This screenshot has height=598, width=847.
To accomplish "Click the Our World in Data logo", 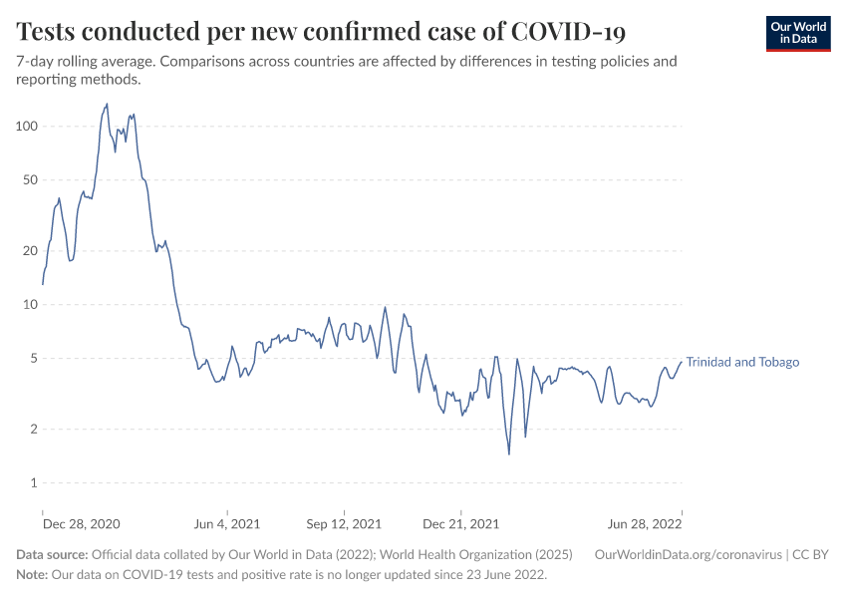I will (797, 33).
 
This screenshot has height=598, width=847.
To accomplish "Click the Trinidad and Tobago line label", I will (742, 362).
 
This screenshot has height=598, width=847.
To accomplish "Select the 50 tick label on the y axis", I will (29, 180).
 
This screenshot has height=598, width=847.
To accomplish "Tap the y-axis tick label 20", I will (29, 251).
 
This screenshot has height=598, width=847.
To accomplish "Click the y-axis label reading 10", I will (29, 305).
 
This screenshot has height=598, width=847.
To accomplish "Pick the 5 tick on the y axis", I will (33, 359).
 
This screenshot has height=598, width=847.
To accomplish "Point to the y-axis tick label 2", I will (33, 430).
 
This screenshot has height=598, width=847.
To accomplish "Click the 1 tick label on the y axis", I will (33, 483).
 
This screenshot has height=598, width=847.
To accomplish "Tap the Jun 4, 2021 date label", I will (226, 523).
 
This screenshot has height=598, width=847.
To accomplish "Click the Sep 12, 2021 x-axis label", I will (344, 523).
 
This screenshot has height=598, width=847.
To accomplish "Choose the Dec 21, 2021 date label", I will (460, 523).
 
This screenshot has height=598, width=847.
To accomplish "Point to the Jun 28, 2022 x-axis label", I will (645, 523).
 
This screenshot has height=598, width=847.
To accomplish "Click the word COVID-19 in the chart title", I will (568, 31).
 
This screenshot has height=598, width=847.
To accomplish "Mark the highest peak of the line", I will (107, 104).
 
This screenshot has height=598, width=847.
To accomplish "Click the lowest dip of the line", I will (509, 454).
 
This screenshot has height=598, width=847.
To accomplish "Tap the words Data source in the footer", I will (52, 555).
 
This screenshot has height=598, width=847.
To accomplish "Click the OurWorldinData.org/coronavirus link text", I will (688, 555).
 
